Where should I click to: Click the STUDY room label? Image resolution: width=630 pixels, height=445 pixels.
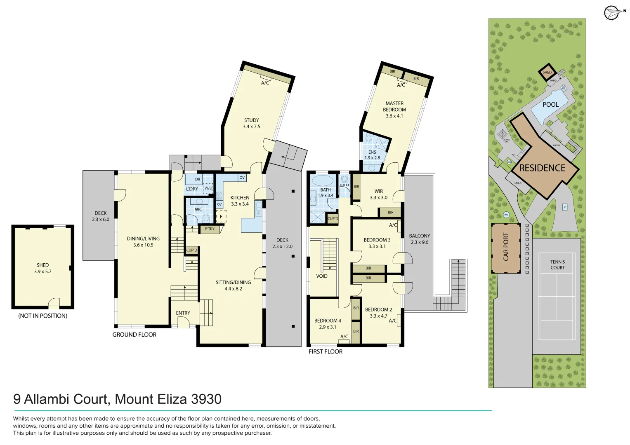click(x=251, y=120)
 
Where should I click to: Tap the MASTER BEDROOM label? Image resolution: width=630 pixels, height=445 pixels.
click(x=394, y=106)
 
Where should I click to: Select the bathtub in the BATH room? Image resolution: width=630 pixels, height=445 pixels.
click(x=323, y=181)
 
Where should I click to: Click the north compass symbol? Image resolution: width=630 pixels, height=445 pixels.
click(x=611, y=12)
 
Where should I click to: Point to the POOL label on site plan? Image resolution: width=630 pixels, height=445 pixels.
click(x=550, y=105)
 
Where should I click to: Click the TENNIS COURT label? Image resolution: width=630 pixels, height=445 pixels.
click(x=557, y=265)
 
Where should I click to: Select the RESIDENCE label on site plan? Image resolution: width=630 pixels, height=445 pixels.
click(x=542, y=168)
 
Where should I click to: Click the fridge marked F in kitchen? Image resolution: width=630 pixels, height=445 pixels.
click(x=221, y=216)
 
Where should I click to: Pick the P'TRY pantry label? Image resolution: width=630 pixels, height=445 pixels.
click(x=210, y=229)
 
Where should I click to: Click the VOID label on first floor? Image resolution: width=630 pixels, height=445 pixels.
click(x=322, y=276)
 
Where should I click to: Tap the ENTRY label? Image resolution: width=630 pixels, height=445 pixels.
click(x=183, y=313)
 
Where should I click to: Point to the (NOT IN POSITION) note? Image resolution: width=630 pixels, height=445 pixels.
click(x=42, y=316)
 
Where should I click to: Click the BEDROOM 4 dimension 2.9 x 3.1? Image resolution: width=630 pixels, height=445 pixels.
click(x=328, y=327)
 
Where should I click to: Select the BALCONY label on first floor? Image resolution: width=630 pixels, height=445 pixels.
click(x=419, y=236)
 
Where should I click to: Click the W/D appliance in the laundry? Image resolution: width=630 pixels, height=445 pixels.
click(x=208, y=188)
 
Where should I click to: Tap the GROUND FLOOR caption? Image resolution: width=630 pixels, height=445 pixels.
click(x=134, y=335)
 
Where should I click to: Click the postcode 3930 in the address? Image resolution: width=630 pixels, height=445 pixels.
click(x=206, y=399)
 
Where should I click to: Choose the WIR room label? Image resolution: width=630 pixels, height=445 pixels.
click(x=379, y=191)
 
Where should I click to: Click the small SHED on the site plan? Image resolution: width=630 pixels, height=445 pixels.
click(x=547, y=72)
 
